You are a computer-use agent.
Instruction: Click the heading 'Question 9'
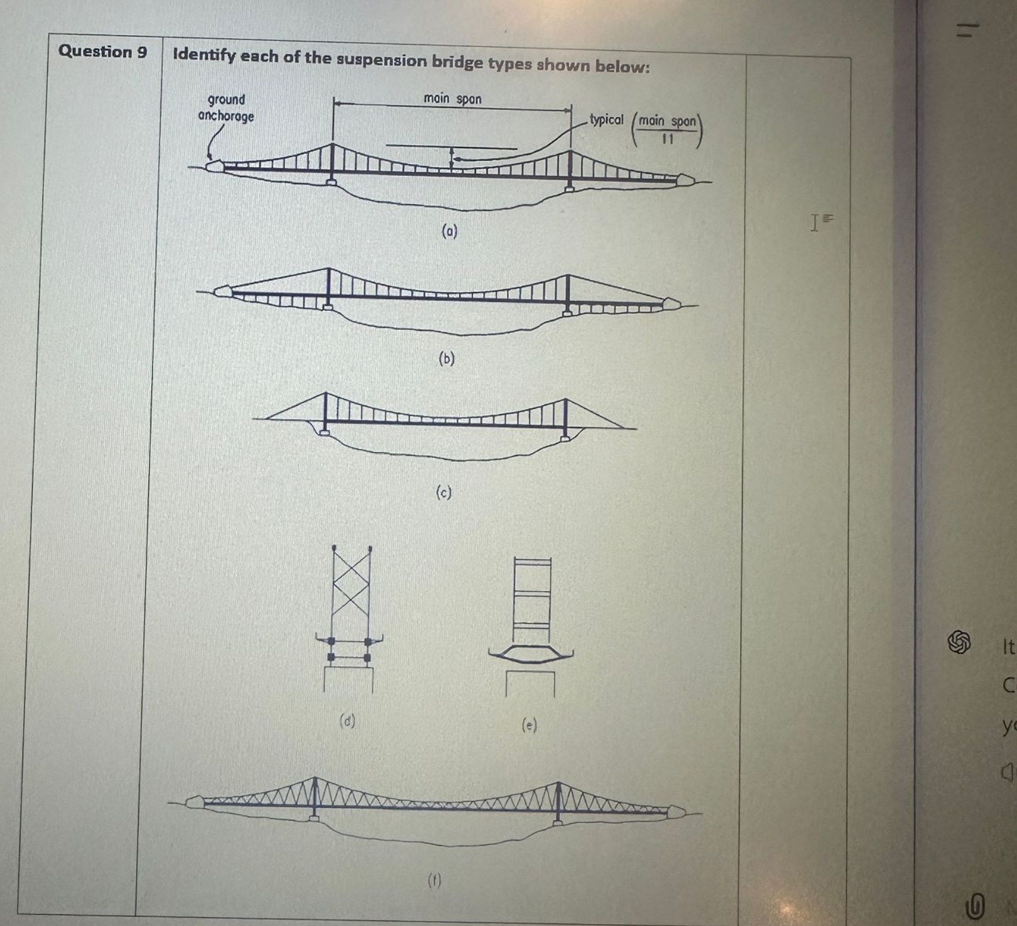102,52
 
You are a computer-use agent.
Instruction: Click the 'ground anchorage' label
226,107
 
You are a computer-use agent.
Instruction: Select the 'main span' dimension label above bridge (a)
452,99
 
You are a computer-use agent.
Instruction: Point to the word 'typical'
606,119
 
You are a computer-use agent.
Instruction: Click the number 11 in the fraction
668,139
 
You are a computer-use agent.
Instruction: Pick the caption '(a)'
449,231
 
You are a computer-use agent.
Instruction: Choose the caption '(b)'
446,359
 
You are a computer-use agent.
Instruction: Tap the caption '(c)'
443,492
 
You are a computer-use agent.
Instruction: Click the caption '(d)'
347,721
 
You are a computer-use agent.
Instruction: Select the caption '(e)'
530,726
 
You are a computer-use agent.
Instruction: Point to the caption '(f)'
434,881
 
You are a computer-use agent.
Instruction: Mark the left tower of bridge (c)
325,412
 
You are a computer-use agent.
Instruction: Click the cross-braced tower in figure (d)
351,591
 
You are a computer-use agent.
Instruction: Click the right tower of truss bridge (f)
557,801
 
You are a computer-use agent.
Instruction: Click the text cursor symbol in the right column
815,222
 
